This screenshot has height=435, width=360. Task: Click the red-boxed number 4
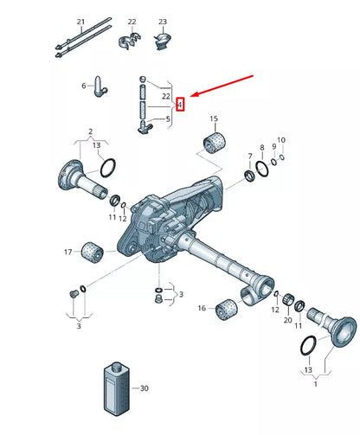[180, 105]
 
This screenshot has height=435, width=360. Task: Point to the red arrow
[222, 86]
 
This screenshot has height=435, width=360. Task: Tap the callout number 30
[145, 388]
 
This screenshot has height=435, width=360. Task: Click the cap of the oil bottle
[118, 367]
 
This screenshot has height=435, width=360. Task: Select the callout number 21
[81, 22]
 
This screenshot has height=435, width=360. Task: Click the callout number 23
[163, 22]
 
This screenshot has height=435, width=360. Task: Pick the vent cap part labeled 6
[100, 86]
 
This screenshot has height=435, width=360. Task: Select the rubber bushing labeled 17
[93, 253]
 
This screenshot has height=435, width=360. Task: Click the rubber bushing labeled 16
[227, 310]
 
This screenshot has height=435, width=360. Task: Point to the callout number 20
[288, 320]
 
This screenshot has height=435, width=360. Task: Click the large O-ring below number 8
[262, 169]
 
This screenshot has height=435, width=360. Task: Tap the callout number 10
[281, 140]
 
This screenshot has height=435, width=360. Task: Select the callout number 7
[250, 156]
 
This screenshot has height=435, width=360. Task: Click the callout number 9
[274, 147]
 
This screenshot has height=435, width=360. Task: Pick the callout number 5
[169, 118]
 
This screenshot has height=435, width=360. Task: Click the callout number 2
[91, 131]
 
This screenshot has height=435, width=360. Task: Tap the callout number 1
[316, 384]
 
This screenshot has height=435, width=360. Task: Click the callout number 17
[68, 253]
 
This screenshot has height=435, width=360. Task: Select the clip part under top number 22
[129, 41]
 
